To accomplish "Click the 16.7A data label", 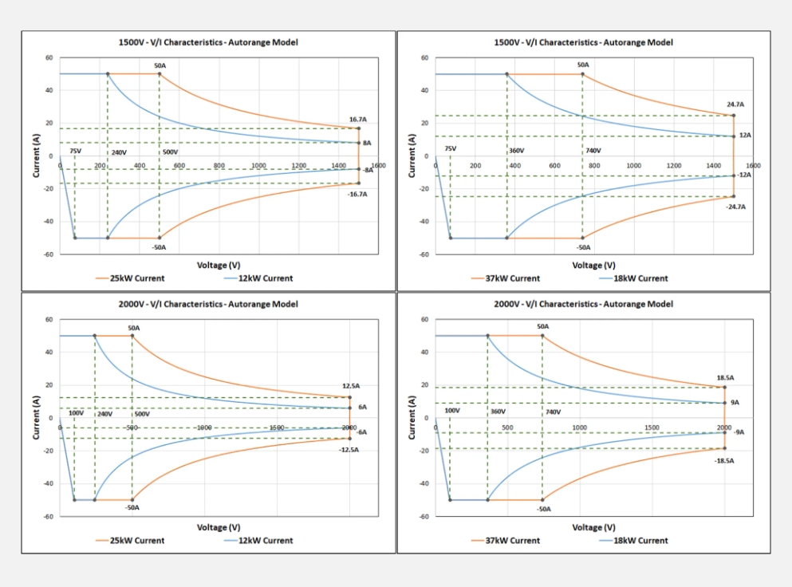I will [x=358, y=120].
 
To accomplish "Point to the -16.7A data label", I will [x=357, y=194].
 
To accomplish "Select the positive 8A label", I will [x=367, y=143].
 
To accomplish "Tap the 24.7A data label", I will [x=735, y=104].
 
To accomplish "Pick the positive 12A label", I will [x=745, y=136].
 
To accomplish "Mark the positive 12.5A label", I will [x=351, y=386].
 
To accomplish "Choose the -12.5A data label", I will [x=349, y=450].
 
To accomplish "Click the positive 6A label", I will [x=362, y=407].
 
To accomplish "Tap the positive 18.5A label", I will [x=725, y=378].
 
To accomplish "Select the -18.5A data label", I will [x=724, y=461].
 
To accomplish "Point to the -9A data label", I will [x=739, y=432].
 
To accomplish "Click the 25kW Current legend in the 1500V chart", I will [x=136, y=278].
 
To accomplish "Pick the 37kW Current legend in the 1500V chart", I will [x=512, y=278].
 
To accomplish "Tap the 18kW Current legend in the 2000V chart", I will [x=641, y=541].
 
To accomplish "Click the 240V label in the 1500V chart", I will [x=119, y=152].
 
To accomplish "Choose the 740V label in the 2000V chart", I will [x=553, y=412].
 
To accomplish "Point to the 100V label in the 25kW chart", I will [x=76, y=413].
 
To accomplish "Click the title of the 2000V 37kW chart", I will [x=583, y=304].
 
